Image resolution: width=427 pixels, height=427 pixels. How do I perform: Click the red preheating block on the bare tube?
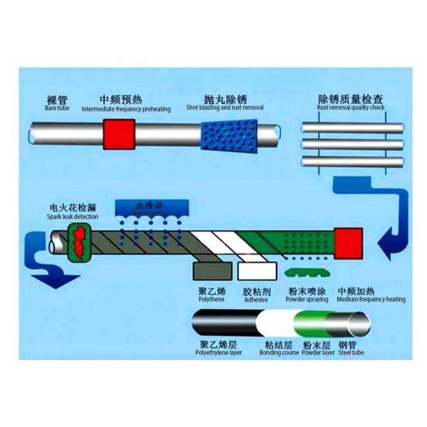click(119, 135)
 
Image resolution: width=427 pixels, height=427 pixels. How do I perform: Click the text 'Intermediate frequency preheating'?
click(126, 110)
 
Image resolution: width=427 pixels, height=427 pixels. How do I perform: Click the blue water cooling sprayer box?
click(151, 208)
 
